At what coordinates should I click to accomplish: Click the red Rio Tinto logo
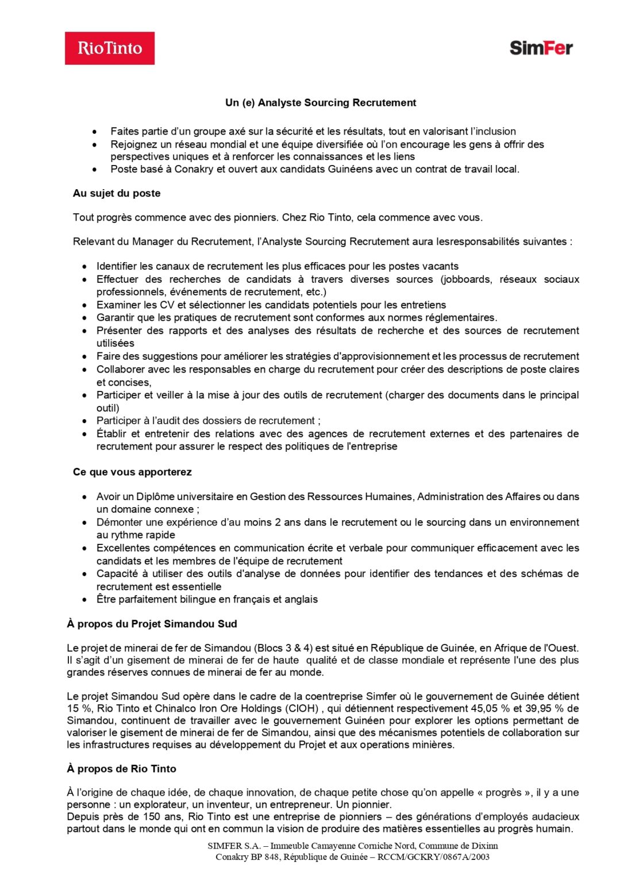coord(109,48)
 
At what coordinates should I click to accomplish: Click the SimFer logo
coord(541,48)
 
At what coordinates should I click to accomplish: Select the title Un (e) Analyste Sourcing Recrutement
coord(321,103)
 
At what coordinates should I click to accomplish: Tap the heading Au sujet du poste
coord(117,193)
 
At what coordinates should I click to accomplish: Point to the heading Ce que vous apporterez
coord(132,472)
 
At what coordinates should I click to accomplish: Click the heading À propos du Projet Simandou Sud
coord(152,624)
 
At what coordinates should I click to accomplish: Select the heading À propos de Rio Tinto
coord(121,769)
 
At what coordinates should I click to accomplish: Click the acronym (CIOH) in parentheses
coord(302,708)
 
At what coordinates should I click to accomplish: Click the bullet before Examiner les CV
coord(85,305)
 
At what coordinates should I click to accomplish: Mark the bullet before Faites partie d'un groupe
coord(95,132)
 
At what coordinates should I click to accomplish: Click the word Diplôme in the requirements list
coord(155,497)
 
